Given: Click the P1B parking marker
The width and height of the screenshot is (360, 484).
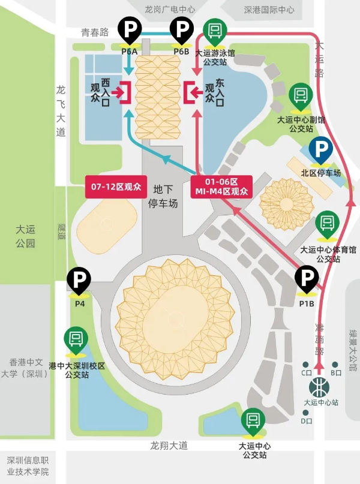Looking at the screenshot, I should (x=307, y=279).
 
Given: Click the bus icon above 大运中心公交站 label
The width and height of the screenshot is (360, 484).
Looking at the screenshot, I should (x=253, y=422).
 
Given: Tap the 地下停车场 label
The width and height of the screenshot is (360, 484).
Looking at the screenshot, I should (x=163, y=196).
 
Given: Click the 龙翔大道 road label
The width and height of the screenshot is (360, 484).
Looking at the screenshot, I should (x=169, y=446).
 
